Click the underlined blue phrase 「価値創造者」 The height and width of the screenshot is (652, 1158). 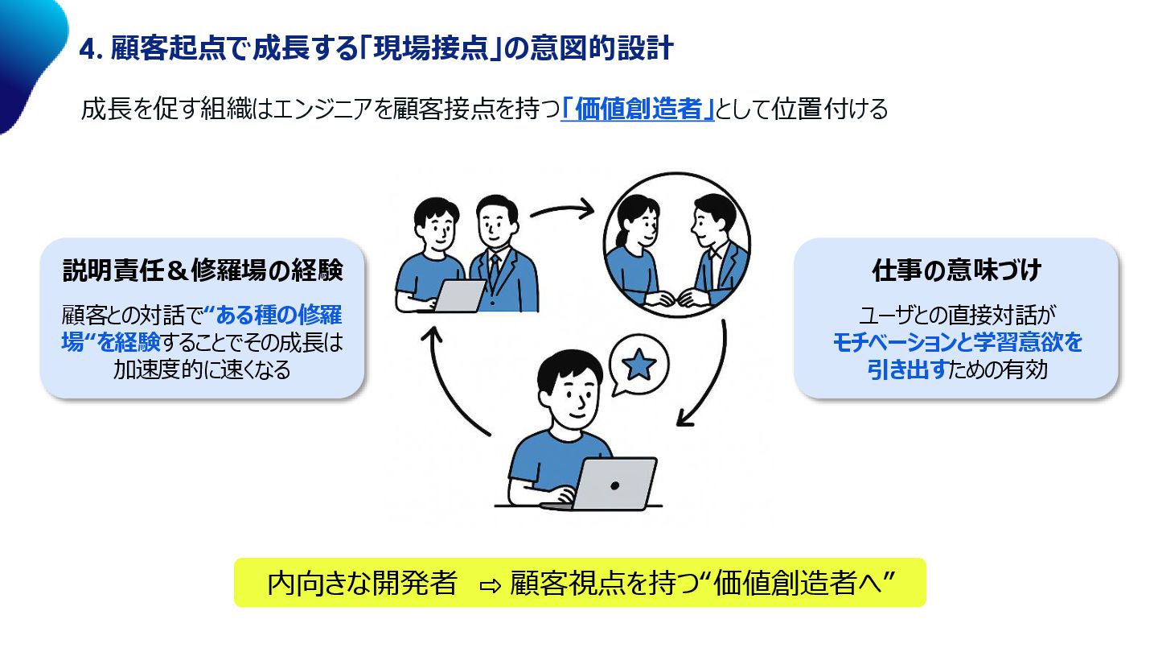point(638,109)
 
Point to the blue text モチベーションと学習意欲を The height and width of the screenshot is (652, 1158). point(956,344)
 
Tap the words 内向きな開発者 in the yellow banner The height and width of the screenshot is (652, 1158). point(363,583)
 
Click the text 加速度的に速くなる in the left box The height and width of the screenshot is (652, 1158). point(203,370)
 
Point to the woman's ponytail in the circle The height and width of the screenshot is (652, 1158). point(618,240)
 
